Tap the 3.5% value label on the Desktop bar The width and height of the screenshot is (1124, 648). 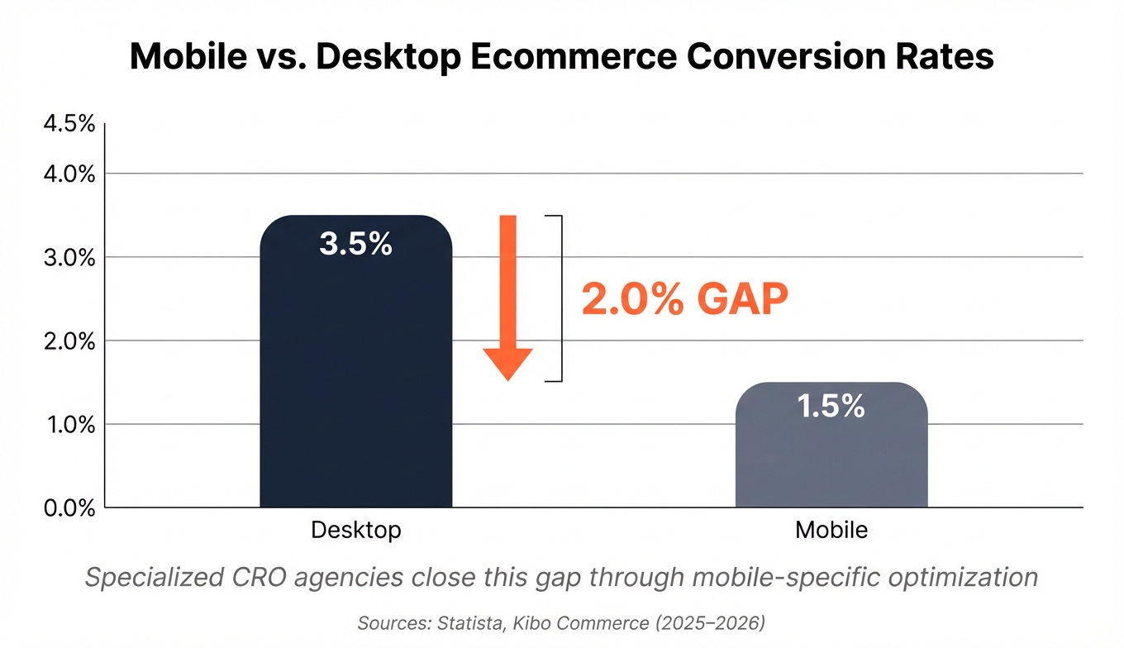(x=355, y=245)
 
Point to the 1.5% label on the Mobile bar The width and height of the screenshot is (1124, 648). (x=831, y=406)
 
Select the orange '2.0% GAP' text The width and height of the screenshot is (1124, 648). (x=684, y=300)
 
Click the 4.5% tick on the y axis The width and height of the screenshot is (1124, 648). (x=68, y=125)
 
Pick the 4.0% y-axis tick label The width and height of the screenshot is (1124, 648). (x=68, y=174)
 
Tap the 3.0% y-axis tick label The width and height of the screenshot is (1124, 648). (x=68, y=258)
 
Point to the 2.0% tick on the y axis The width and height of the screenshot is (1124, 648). (x=68, y=341)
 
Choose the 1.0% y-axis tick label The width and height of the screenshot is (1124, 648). (x=68, y=425)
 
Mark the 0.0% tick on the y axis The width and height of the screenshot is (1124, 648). (x=68, y=508)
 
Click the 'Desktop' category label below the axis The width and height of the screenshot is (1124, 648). (x=355, y=530)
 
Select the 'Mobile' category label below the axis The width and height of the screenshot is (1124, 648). (x=831, y=530)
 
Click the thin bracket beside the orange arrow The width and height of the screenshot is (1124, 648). (x=561, y=298)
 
